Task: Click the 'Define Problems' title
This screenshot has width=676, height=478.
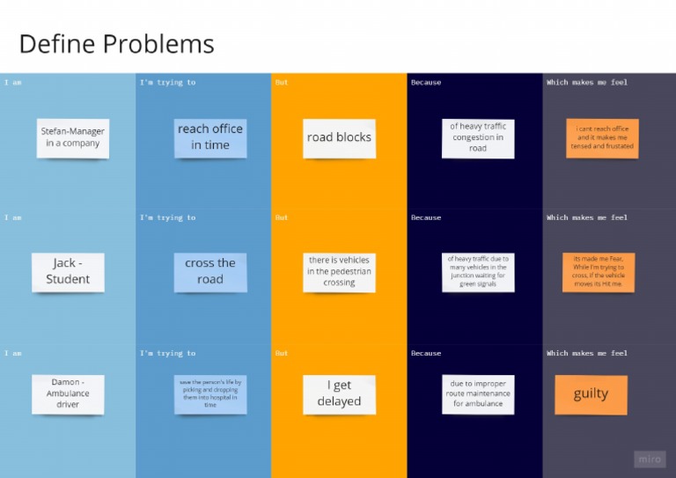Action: click(x=116, y=44)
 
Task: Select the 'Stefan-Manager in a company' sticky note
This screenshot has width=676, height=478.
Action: click(x=72, y=137)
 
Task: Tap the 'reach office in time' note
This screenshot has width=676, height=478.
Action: click(x=210, y=137)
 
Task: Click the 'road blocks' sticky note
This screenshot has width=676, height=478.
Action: click(x=339, y=138)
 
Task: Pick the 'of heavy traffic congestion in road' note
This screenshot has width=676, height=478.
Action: click(x=478, y=138)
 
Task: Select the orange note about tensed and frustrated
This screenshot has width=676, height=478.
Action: click(x=602, y=139)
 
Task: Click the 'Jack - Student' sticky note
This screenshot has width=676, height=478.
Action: click(x=68, y=272)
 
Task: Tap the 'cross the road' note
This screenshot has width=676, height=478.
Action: click(x=210, y=272)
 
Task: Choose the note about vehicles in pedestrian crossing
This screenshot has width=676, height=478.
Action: click(x=339, y=272)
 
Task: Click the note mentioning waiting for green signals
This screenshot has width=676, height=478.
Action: click(x=478, y=272)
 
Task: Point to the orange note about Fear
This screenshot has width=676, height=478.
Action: click(x=599, y=272)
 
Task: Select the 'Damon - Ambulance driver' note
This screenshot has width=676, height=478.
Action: click(x=68, y=393)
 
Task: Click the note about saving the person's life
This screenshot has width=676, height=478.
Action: click(x=210, y=393)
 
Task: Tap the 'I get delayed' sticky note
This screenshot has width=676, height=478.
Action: click(x=339, y=394)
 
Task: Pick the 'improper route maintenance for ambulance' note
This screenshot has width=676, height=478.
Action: click(x=478, y=393)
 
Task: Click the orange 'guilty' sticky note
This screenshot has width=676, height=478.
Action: click(x=591, y=394)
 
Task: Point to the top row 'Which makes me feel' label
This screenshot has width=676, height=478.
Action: click(x=587, y=83)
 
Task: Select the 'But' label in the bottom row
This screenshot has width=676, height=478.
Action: click(x=282, y=354)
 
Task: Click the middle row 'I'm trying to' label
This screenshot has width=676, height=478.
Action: click(x=167, y=218)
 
